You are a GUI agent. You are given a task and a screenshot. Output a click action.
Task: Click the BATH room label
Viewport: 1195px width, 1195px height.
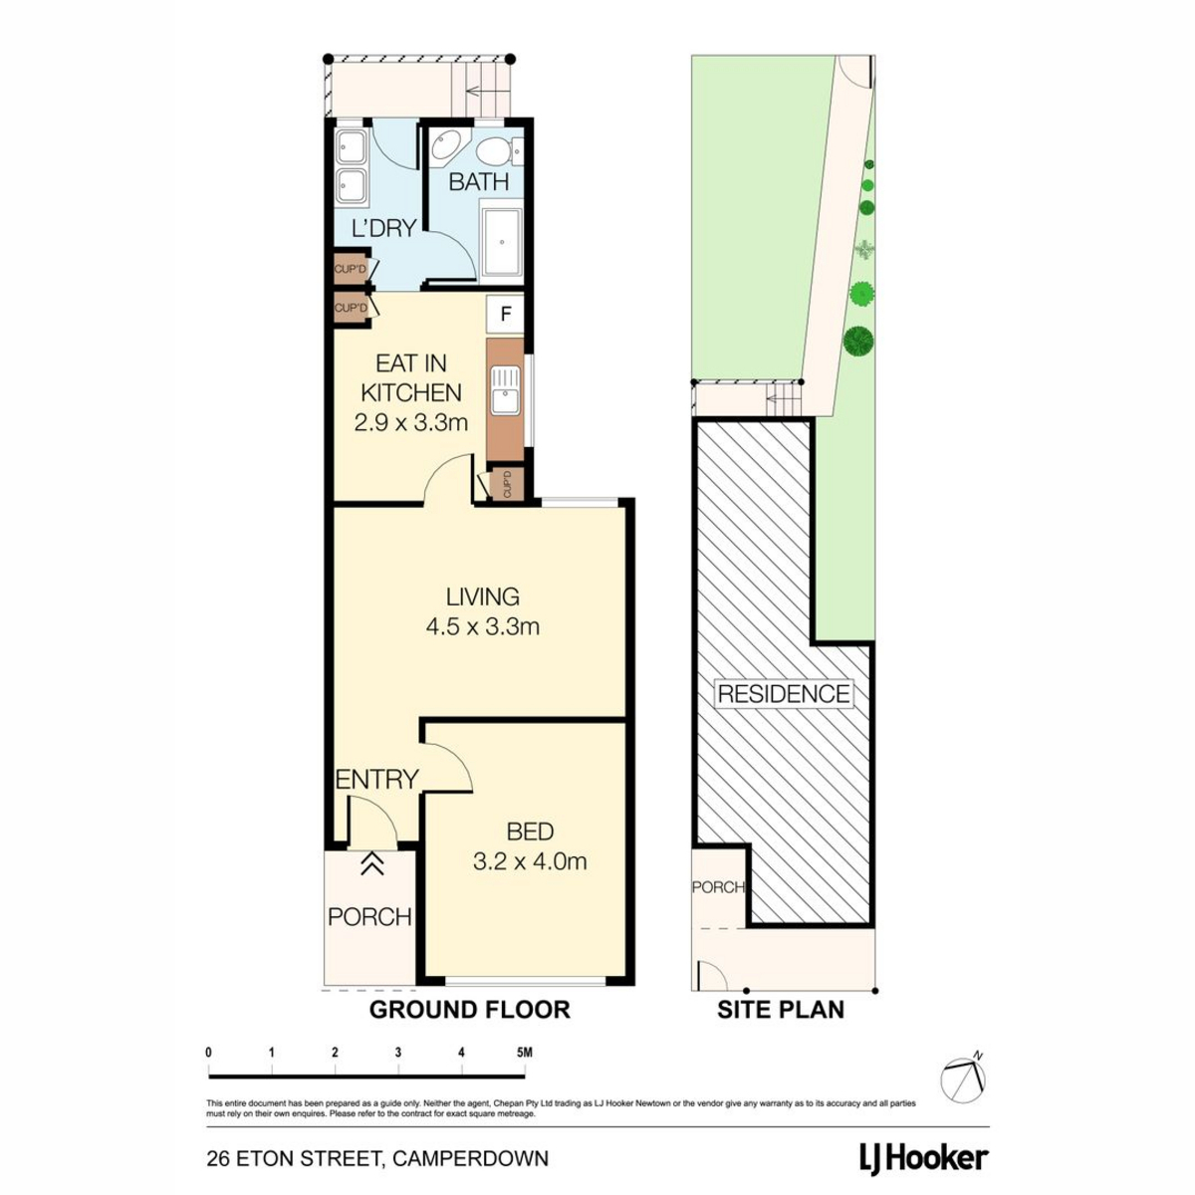[478, 182]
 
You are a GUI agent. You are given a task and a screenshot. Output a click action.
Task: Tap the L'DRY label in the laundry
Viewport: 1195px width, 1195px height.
[383, 228]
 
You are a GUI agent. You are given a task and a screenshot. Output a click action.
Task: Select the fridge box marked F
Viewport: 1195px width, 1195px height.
[506, 315]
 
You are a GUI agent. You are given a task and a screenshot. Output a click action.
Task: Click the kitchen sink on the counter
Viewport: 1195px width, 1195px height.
[506, 390]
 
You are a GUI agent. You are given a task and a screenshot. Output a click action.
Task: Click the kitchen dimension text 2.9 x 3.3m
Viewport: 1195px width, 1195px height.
[410, 423]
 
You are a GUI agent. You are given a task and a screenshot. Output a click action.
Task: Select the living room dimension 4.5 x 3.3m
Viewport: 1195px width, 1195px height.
[482, 627]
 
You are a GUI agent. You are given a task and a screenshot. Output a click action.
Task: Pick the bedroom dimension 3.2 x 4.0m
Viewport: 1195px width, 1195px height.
[530, 861]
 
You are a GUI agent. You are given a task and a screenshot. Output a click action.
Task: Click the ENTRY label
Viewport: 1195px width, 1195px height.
[377, 779]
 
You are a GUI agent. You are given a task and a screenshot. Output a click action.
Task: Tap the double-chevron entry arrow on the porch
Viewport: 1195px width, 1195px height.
[371, 863]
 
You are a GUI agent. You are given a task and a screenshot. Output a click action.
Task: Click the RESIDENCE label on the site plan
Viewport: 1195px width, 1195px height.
[784, 693]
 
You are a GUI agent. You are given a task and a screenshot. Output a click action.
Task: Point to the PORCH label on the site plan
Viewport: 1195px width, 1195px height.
[718, 887]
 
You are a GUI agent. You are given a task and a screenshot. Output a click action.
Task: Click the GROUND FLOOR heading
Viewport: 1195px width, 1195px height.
[469, 1010]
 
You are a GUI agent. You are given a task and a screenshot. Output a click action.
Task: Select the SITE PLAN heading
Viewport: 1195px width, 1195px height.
[781, 1010]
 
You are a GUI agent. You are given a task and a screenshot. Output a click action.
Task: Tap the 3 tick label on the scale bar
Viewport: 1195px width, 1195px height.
[398, 1053]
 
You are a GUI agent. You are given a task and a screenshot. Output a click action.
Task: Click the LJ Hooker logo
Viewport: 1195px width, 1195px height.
[923, 1158]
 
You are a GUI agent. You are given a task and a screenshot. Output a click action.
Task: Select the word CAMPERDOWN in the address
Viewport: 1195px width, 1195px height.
[471, 1158]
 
